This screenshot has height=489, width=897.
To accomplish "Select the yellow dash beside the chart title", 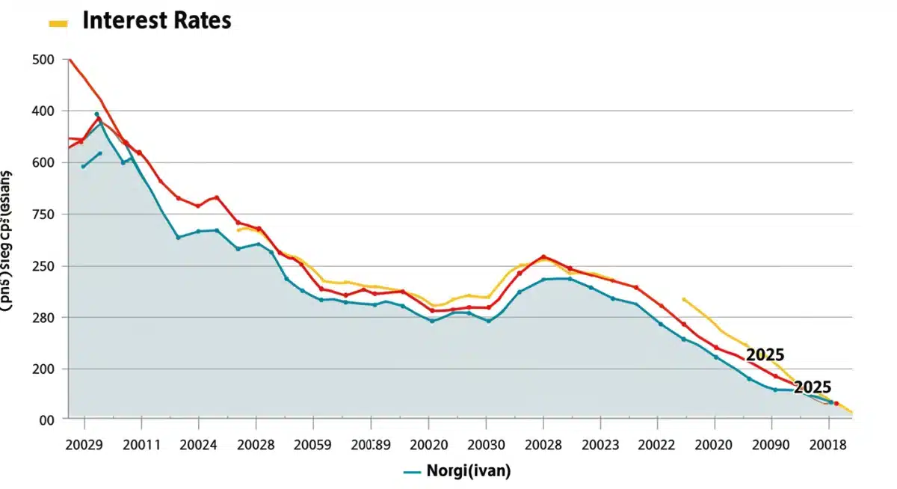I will pyautogui.click(x=58, y=23).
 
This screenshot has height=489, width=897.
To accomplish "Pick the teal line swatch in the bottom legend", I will pyautogui.click(x=413, y=472).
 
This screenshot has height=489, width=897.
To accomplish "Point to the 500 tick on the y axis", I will pyautogui.click(x=46, y=60).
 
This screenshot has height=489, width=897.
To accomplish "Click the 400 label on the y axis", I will pyautogui.click(x=46, y=111).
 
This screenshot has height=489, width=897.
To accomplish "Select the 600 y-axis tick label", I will pyautogui.click(x=46, y=163).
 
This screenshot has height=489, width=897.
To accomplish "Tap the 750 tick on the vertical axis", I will pyautogui.click(x=46, y=215).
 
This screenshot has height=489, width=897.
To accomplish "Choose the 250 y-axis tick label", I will pyautogui.click(x=46, y=266).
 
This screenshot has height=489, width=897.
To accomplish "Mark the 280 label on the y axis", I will pyautogui.click(x=46, y=318).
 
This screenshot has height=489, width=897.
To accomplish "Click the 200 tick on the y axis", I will pyautogui.click(x=46, y=369).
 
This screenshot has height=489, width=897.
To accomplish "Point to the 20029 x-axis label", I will pyautogui.click(x=84, y=445).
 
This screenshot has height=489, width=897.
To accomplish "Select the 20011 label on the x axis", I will pyautogui.click(x=141, y=445).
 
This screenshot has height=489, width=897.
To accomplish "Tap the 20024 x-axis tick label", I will pyautogui.click(x=199, y=445).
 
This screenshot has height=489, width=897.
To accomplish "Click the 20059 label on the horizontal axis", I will pyautogui.click(x=312, y=445).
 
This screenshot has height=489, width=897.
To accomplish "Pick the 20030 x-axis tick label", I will pyautogui.click(x=485, y=445).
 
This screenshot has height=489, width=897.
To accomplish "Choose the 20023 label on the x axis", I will pyautogui.click(x=599, y=445).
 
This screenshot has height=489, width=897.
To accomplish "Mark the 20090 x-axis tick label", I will pyautogui.click(x=771, y=445).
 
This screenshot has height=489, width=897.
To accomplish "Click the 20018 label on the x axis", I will pyautogui.click(x=828, y=445).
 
